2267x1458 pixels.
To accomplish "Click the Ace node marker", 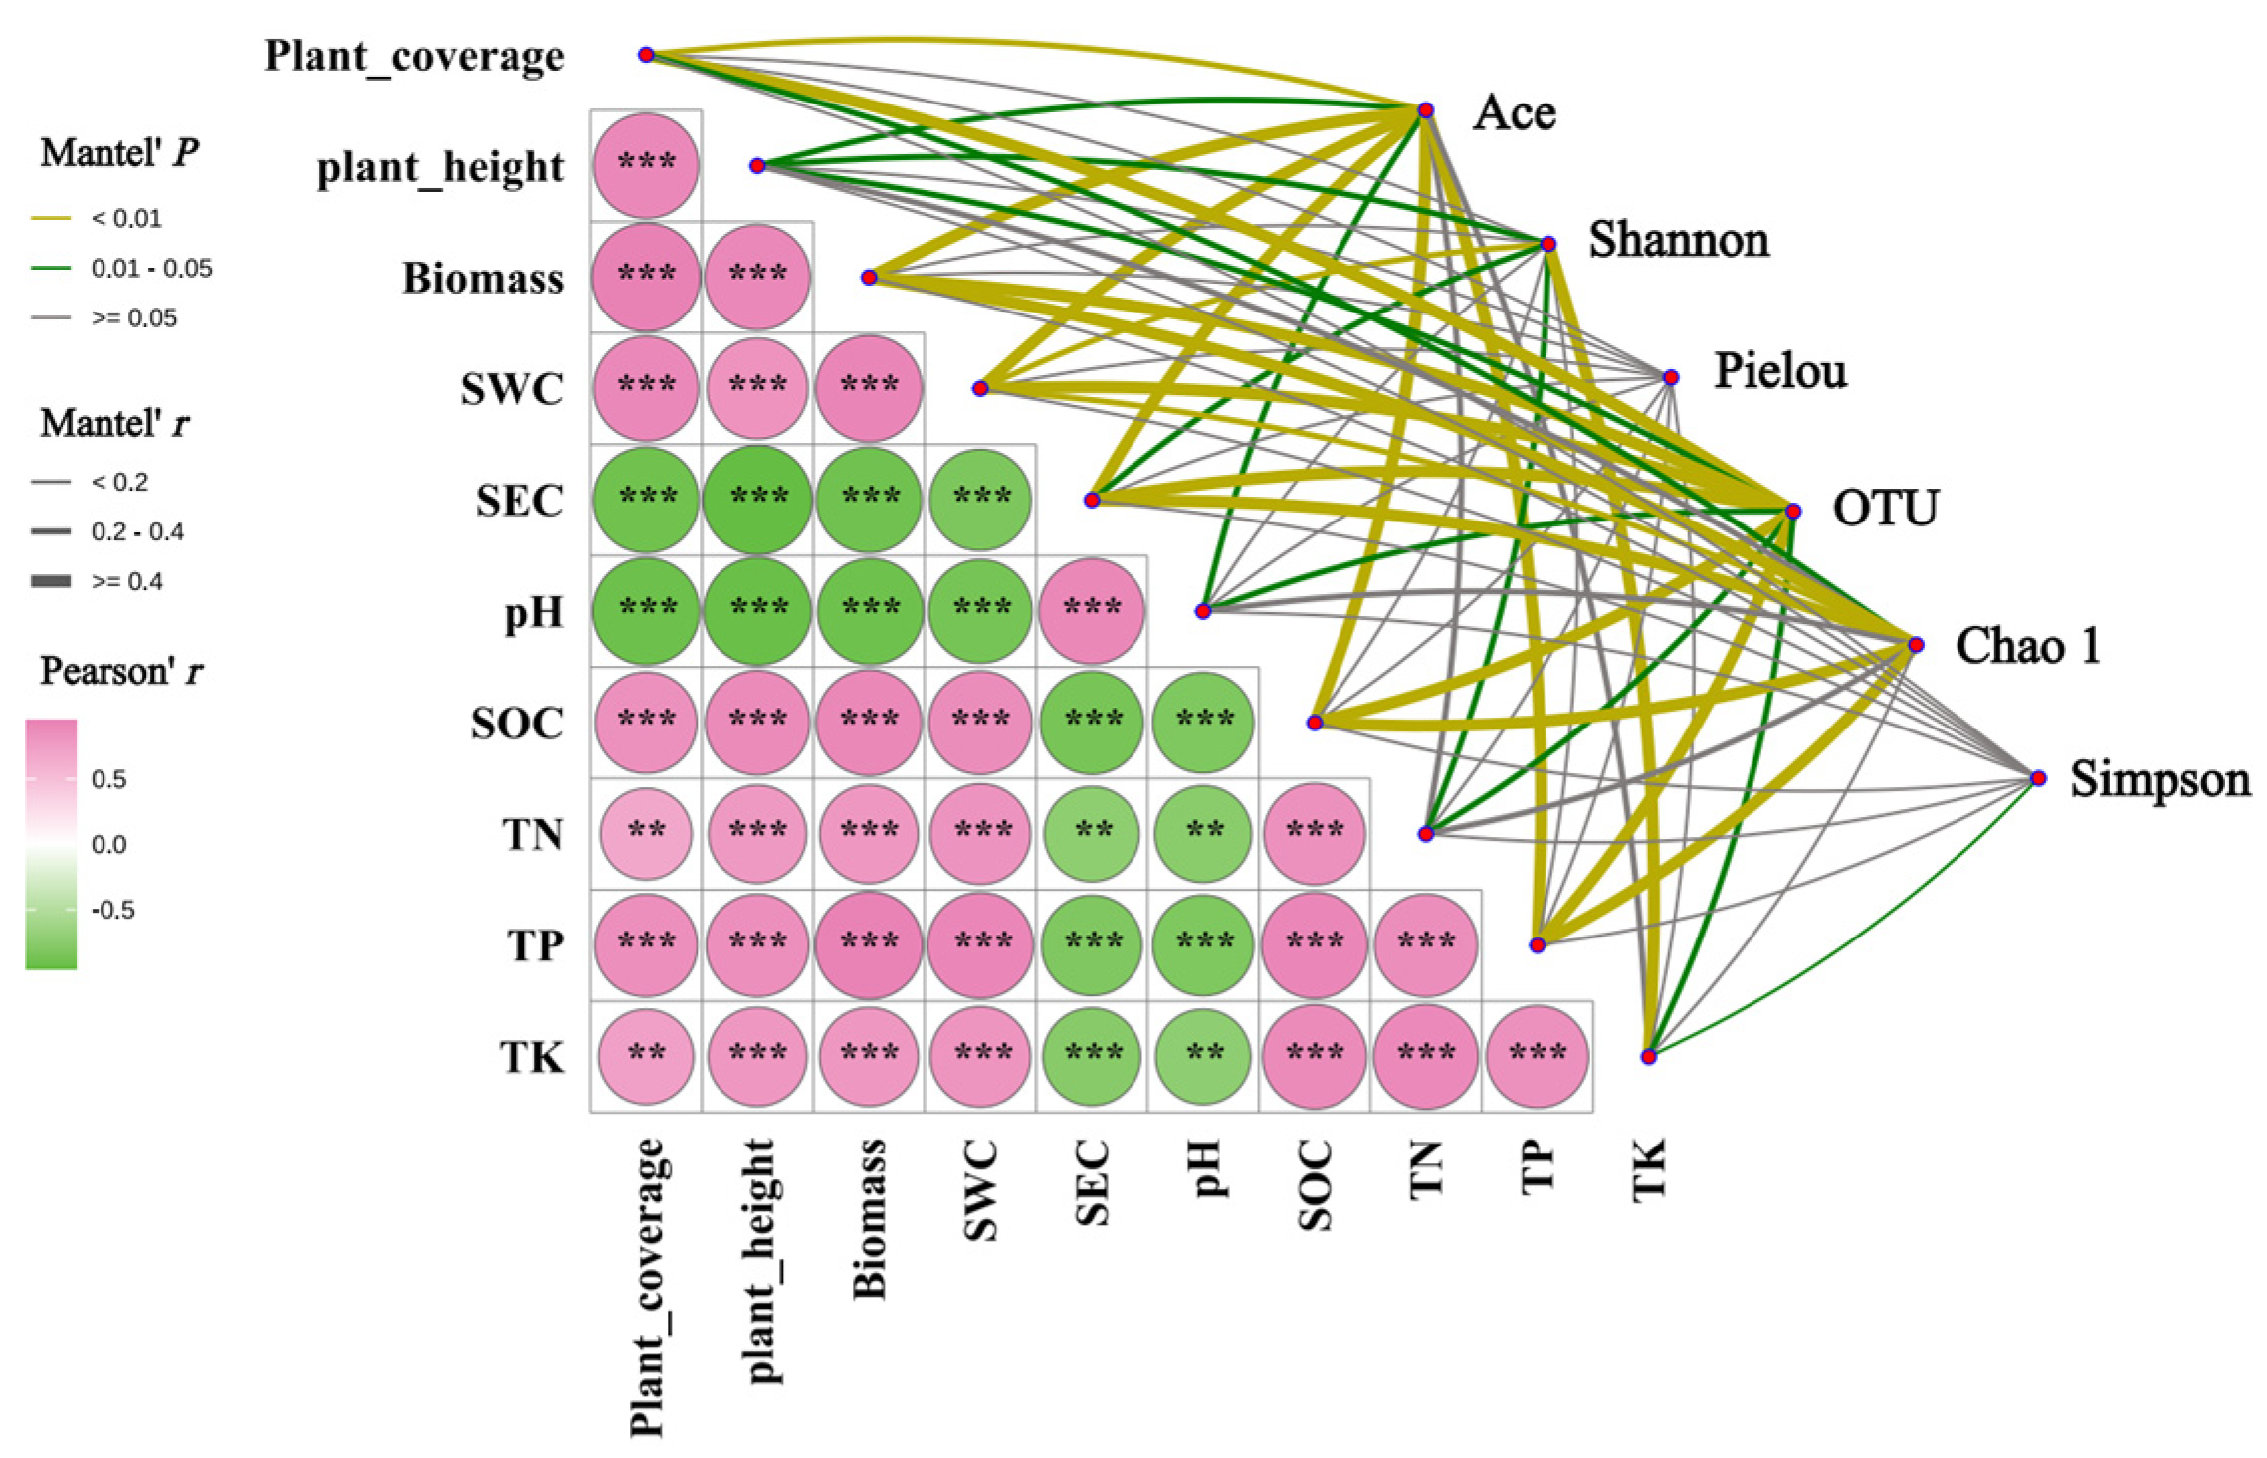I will point(1425,110).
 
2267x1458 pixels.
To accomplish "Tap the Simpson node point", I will point(2038,778).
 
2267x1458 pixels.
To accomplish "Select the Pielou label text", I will point(1779,371).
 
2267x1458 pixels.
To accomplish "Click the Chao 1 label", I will point(2027,645).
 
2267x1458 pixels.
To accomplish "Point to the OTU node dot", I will point(1792,511).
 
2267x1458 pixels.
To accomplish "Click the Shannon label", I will point(1678,240).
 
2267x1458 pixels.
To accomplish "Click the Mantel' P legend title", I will point(119,153).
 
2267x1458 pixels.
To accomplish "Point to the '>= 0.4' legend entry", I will point(126,581).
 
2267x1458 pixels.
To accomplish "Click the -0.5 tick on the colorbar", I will point(112,910).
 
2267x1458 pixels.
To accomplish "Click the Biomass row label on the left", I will point(483,278).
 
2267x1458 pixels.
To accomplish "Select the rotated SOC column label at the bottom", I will point(1315,1184).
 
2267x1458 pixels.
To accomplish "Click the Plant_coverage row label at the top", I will point(414,57).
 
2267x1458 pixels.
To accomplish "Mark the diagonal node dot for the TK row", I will point(1648,1056).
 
